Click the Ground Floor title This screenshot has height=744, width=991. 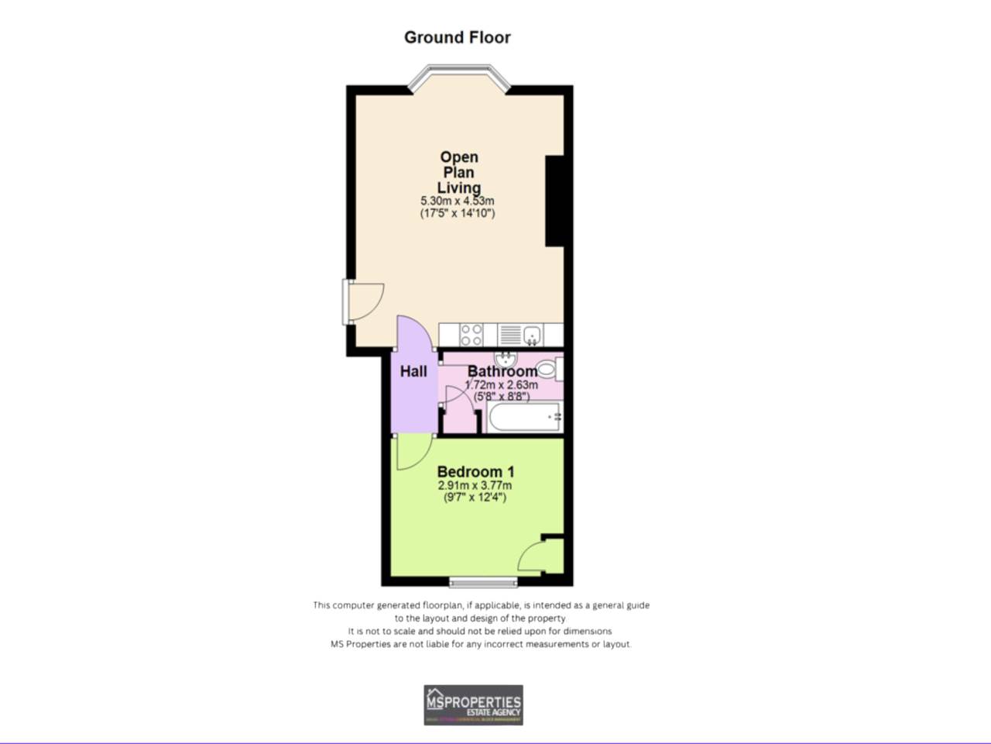[457, 37]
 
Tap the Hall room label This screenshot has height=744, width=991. [413, 372]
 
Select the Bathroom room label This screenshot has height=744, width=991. [502, 372]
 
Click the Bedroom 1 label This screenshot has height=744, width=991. [475, 471]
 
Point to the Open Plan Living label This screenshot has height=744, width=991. [459, 172]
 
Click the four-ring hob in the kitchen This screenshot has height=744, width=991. [471, 335]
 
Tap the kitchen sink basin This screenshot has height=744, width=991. [532, 335]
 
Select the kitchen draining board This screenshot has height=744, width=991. [509, 335]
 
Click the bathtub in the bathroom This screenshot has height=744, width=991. [524, 417]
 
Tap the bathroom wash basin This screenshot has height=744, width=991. [506, 359]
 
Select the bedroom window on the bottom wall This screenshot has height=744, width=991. [484, 582]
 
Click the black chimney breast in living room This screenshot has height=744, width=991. [555, 201]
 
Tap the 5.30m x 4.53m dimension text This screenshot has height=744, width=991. [457, 201]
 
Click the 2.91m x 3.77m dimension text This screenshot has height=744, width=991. [475, 486]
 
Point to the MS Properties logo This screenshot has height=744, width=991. [473, 704]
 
